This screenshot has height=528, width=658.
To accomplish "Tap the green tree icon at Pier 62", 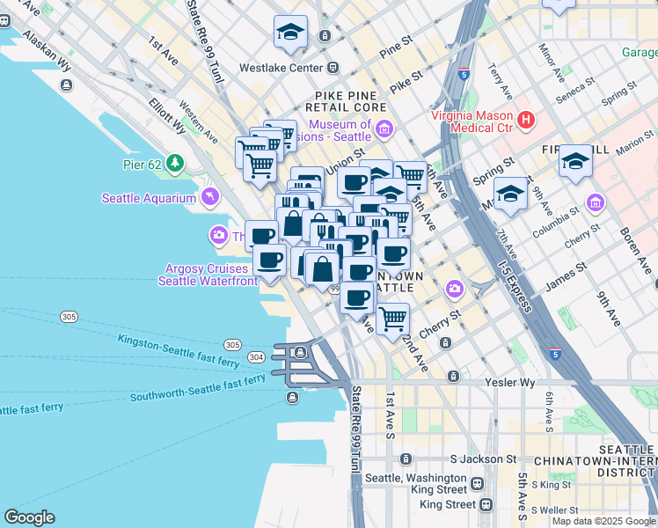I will coord(176,163).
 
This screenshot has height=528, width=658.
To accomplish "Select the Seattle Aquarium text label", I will coord(149,198).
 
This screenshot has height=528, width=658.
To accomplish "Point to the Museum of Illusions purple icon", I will coord(384,131).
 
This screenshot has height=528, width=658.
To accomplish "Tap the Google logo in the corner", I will coord(29,517).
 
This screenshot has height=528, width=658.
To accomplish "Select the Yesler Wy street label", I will coord(509,383).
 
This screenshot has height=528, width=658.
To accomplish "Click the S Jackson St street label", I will coord(483,459).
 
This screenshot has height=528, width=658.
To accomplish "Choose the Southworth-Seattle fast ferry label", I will coord(197,388).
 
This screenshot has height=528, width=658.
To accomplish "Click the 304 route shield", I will coord(256,357).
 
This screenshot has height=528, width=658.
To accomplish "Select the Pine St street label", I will coord(395,41).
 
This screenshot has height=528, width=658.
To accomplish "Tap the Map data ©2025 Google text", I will coord(603,521).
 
